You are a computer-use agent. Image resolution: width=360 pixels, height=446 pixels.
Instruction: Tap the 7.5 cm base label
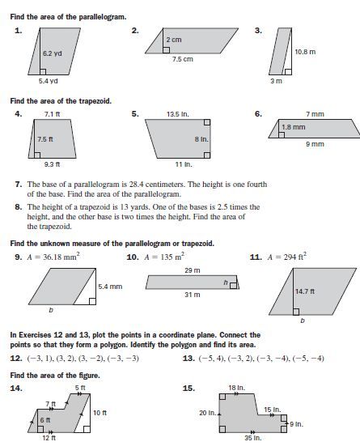pos(182,59)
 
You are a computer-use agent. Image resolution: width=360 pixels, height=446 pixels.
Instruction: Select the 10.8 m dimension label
pos(304,51)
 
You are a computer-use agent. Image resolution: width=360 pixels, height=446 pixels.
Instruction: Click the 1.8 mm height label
pos(293,127)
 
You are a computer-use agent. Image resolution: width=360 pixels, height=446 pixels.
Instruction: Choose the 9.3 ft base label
pos(52,164)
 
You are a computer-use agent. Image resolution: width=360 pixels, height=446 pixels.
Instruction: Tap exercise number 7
pos(19,185)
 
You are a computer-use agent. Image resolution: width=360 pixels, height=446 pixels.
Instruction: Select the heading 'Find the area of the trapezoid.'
pos(60,100)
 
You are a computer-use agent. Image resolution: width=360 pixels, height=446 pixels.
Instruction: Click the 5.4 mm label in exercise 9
pos(109,287)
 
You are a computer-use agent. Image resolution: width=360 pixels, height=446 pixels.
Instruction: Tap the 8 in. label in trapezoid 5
pos(201,139)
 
